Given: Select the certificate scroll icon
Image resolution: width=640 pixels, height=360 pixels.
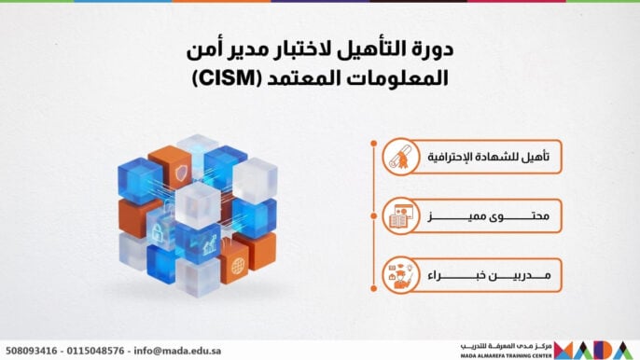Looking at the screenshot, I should coord(402,159).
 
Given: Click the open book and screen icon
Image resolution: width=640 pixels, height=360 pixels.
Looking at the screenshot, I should coord(402,218).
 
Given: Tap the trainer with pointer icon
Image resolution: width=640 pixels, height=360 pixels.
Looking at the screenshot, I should coord(402,276).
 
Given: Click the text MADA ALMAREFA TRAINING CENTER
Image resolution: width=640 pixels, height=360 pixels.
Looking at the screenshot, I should coord(506,354).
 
